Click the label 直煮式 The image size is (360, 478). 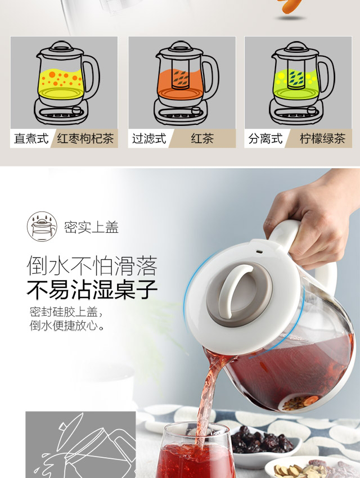[31, 139]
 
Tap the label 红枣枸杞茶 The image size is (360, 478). [85, 139]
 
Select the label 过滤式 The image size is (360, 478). [149, 139]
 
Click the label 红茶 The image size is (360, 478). [202, 139]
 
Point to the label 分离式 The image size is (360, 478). [265, 139]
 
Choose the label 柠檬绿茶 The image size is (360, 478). [322, 139]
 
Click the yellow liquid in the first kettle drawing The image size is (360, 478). [61, 84]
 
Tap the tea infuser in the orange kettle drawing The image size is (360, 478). [181, 74]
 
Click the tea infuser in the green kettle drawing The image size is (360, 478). [296, 74]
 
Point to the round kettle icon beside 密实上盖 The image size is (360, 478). [42, 227]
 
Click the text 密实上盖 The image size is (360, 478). [91, 227]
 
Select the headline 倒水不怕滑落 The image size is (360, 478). [92, 265]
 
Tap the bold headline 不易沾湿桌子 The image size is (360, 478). [92, 289]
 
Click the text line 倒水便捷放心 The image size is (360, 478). [67, 326]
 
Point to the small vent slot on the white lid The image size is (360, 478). [259, 252]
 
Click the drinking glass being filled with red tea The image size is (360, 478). [195, 451]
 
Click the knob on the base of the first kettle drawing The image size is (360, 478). [76, 110]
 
